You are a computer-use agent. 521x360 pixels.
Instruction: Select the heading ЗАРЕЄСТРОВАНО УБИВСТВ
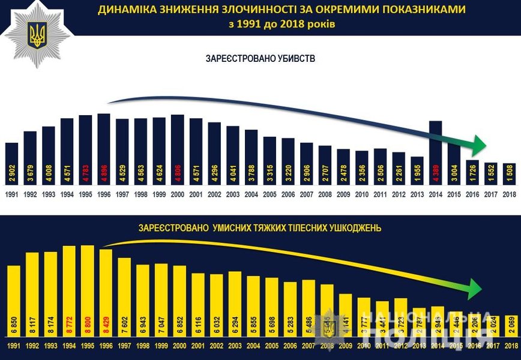coord(260,59)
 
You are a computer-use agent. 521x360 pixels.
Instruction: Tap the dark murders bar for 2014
coord(436,144)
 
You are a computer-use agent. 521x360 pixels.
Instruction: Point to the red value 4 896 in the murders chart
coord(104,170)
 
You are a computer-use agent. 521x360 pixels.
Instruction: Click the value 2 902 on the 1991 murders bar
coord(11,170)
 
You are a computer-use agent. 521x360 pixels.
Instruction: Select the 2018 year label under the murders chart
coord(510,194)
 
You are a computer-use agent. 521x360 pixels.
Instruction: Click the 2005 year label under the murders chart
coord(270,194)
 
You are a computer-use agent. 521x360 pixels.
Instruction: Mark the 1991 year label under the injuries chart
coord(13,347)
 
